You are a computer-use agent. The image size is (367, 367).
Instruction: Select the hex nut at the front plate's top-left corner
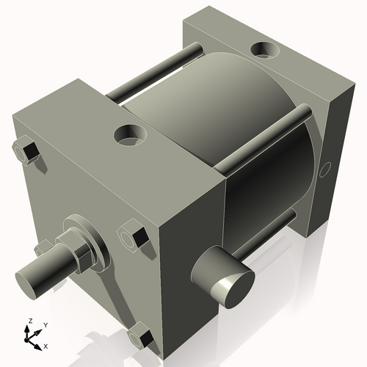click(x=26, y=151)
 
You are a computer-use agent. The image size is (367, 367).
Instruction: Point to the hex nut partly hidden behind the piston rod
click(x=45, y=248)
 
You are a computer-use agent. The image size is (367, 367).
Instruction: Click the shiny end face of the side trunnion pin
click(x=234, y=286)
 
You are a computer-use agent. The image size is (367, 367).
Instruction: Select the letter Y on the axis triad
click(x=45, y=324)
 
